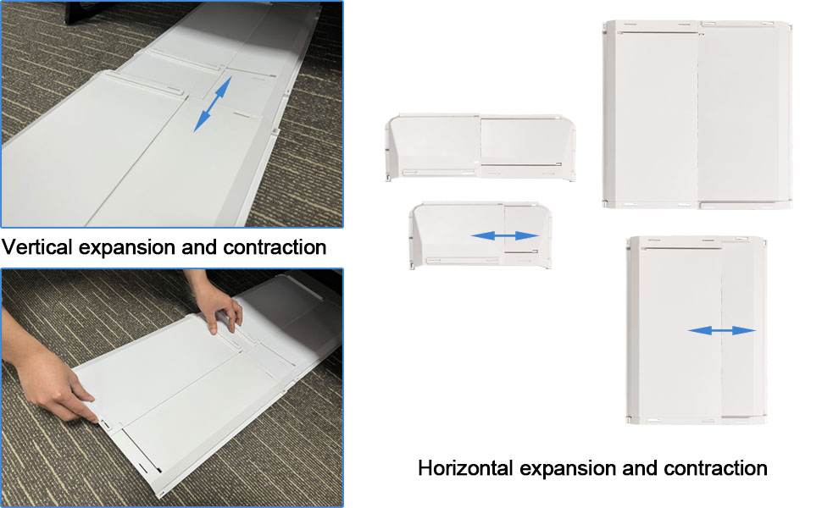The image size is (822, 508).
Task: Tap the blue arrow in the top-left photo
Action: point(212,104)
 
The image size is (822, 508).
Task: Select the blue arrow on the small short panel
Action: point(505,235)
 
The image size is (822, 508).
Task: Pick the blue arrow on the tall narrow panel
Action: point(721,330)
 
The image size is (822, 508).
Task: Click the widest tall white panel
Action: point(697,114)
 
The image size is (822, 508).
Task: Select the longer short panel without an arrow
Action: point(480,146)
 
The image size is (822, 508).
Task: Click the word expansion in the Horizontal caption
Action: point(569,468)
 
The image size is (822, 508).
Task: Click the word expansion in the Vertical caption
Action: point(126,247)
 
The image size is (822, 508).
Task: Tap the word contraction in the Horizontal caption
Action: point(715,468)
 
